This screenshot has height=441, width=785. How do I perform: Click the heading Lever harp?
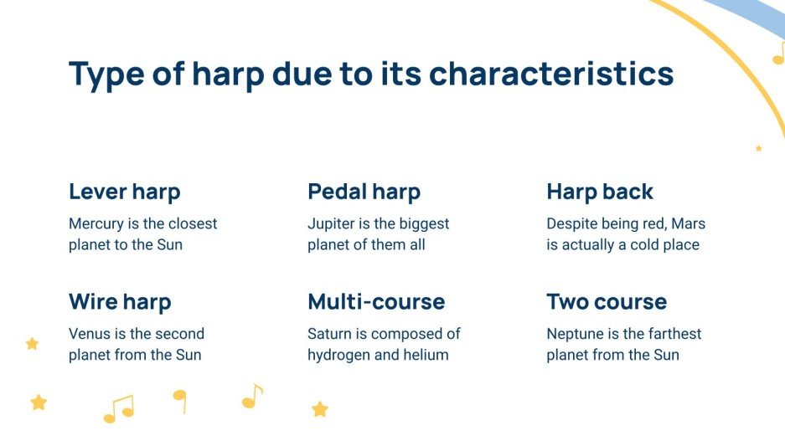pyautogui.click(x=124, y=192)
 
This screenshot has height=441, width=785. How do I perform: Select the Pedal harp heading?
pyautogui.click(x=364, y=192)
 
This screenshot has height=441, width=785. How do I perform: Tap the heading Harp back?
pyautogui.click(x=599, y=192)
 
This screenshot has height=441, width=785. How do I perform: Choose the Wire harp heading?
pyautogui.click(x=120, y=301)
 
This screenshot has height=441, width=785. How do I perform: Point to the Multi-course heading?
pyautogui.click(x=376, y=301)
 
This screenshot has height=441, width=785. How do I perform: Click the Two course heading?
pyautogui.click(x=607, y=301)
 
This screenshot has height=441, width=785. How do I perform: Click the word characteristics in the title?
pyautogui.click(x=551, y=74)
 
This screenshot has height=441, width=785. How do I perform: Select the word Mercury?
pyautogui.click(x=96, y=224)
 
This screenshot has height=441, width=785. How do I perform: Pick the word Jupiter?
pyautogui.click(x=332, y=224)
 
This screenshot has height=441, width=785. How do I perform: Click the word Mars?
pyautogui.click(x=688, y=224)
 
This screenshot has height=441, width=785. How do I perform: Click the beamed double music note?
pyautogui.click(x=118, y=409)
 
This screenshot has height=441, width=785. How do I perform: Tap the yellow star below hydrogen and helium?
pyautogui.click(x=320, y=409)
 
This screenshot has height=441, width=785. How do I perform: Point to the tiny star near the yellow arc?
pyautogui.click(x=758, y=148)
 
